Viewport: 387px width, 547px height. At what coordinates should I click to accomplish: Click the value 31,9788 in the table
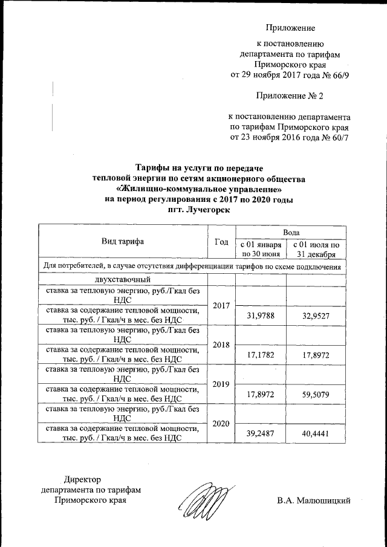[260, 315]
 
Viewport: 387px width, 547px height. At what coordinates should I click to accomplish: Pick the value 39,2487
[260, 433]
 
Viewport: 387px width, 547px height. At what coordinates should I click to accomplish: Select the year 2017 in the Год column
[221, 305]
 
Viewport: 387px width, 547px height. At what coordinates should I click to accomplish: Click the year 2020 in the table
[221, 423]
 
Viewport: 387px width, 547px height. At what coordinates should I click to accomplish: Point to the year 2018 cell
[221, 345]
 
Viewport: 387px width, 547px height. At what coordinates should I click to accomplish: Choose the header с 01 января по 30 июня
[260, 249]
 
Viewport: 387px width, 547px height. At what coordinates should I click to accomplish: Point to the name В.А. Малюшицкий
[314, 500]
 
